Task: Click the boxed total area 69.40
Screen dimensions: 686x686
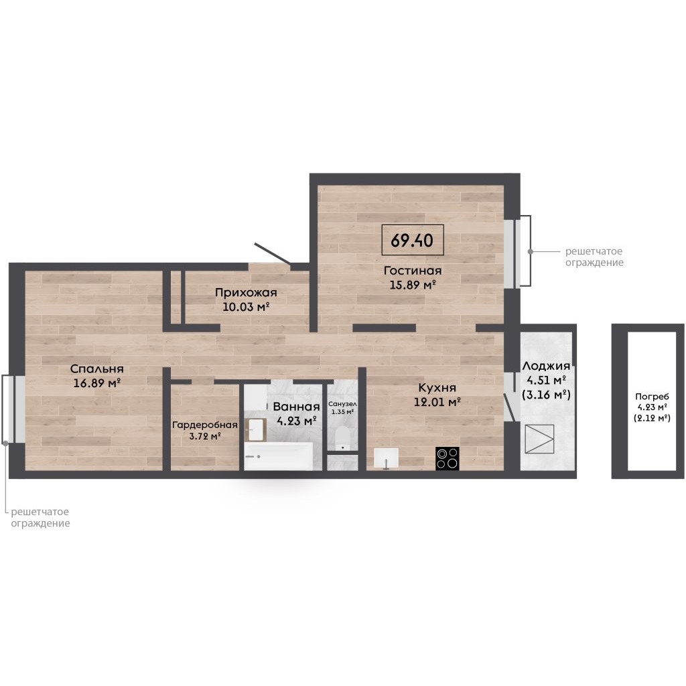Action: click(413, 240)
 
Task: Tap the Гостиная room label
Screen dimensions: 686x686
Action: click(413, 271)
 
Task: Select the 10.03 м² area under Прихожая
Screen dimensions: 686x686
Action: click(245, 307)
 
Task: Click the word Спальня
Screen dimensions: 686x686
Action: click(96, 369)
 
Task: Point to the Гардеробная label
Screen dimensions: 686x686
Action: click(205, 425)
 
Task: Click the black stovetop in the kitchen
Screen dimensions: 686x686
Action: click(448, 458)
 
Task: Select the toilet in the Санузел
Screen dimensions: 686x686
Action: click(342, 438)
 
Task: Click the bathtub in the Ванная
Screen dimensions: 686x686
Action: click(278, 456)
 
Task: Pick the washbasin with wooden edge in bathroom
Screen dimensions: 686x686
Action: click(257, 429)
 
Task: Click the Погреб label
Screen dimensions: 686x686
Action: click(652, 397)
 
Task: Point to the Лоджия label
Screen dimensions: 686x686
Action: click(546, 366)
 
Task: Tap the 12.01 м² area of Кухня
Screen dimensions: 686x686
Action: click(437, 402)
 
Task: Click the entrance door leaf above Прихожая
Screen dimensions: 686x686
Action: click(273, 254)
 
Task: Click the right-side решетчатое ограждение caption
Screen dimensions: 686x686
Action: click(594, 257)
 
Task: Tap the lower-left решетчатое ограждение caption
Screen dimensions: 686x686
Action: click(40, 517)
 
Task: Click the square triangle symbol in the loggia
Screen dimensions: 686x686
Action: click(539, 439)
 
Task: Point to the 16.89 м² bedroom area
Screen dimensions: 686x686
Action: click(96, 383)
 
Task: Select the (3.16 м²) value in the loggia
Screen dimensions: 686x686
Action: click(546, 395)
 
